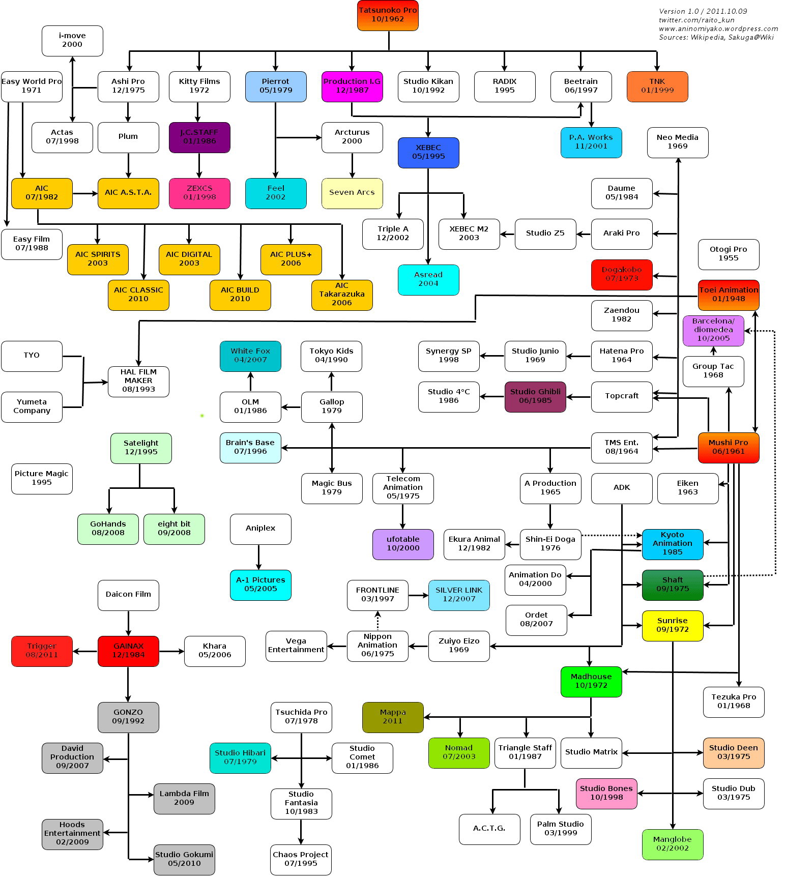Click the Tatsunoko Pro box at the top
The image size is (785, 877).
click(388, 15)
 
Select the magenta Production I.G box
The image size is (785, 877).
click(352, 86)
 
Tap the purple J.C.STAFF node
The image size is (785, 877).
click(199, 137)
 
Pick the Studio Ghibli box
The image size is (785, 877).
click(535, 396)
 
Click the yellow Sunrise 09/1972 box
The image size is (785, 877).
click(672, 625)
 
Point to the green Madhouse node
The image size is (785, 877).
click(591, 681)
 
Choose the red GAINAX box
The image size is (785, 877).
click(128, 651)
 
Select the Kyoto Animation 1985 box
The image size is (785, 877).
click(672, 544)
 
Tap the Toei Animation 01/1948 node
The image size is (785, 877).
click(729, 295)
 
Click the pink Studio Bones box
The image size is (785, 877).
click(606, 793)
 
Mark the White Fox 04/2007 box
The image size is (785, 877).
click(250, 356)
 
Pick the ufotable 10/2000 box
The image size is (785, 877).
click(403, 544)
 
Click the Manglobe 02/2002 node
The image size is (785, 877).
click(672, 844)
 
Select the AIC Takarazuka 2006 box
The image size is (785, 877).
click(342, 295)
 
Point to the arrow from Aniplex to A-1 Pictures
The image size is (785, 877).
click(259, 557)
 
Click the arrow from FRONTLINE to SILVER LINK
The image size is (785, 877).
click(418, 595)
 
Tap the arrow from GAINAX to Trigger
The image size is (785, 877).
click(85, 651)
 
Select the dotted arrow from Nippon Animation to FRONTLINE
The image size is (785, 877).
click(377, 621)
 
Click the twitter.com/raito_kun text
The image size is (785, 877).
click(696, 20)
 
